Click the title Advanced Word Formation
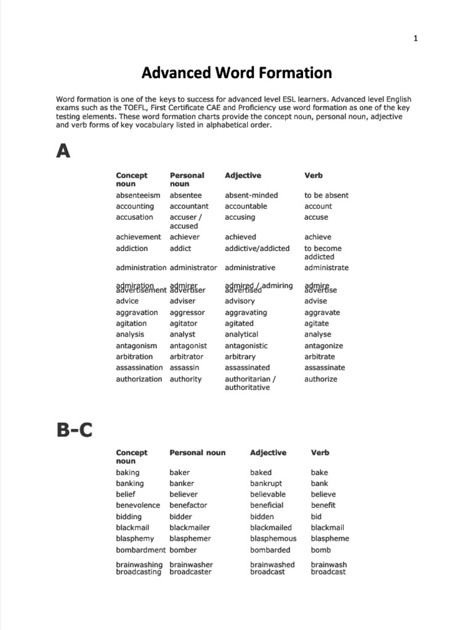[x=236, y=73]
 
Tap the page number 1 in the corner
[x=416, y=38]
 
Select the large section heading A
[x=63, y=150]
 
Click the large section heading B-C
[x=75, y=429]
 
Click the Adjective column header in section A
[x=243, y=175]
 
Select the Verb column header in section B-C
[x=320, y=452]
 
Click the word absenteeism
[x=138, y=195]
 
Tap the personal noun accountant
[x=189, y=206]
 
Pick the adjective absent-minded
[x=251, y=195]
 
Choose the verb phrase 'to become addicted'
[x=323, y=252]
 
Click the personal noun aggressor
[x=187, y=313]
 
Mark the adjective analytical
[x=241, y=335]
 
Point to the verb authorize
[x=321, y=379]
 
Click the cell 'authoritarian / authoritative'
[x=250, y=383]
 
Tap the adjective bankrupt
[x=266, y=484]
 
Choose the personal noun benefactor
[x=188, y=505]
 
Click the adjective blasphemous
[x=273, y=538]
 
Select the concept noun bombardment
[x=140, y=550]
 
